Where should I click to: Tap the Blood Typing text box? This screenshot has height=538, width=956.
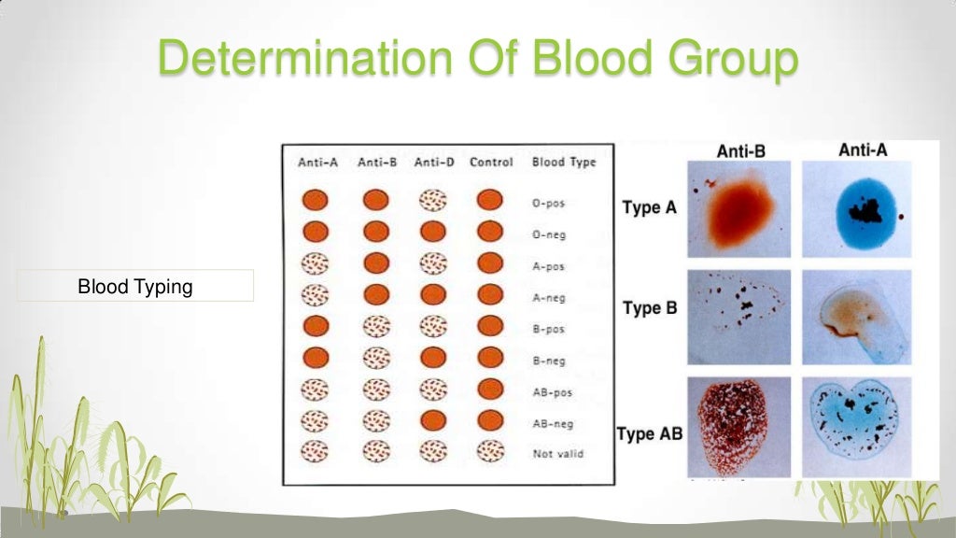[x=135, y=286]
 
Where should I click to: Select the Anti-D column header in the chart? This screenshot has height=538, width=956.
[x=433, y=163]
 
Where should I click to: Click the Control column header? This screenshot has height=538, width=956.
[x=491, y=163]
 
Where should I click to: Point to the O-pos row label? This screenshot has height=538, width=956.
[x=549, y=203]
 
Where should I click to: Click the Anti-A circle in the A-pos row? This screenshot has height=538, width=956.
[x=316, y=264]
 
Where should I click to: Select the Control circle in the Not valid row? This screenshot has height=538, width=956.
[x=490, y=452]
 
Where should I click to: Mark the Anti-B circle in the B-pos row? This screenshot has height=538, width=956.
[x=375, y=327]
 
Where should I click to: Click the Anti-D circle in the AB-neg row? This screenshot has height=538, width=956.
[x=433, y=421]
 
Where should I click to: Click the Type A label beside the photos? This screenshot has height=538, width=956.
[x=649, y=208]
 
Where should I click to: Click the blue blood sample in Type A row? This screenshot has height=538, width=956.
[x=854, y=209]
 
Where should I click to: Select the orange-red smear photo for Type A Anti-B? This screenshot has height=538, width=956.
[x=739, y=209]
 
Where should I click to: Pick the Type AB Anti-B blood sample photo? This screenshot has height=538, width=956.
[x=739, y=426]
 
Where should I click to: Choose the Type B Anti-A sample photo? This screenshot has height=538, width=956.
[x=854, y=318]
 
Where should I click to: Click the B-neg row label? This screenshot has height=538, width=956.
[x=549, y=360]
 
